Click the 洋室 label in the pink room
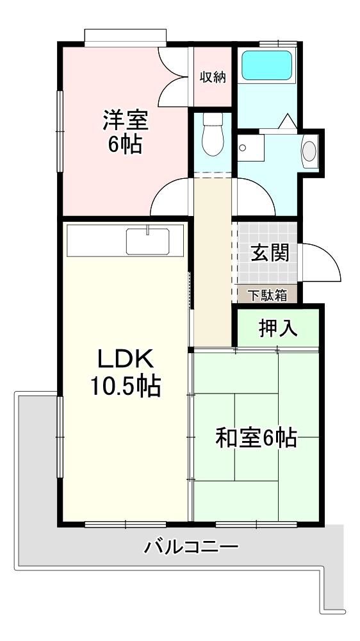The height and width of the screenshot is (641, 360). (x=125, y=120)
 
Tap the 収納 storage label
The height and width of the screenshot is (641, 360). (x=213, y=77)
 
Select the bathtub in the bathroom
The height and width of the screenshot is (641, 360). (x=267, y=65)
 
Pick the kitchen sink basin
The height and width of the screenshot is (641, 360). (x=147, y=241)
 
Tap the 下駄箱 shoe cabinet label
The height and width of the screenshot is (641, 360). (x=268, y=295)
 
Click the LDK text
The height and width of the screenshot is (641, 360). (x=125, y=360)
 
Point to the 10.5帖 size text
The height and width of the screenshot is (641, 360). (x=125, y=386)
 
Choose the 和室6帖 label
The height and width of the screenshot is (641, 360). (x=256, y=438)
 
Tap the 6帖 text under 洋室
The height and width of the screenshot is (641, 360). (x=125, y=144)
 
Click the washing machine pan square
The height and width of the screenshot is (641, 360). (x=250, y=148)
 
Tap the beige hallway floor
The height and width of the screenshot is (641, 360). (x=213, y=262)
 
